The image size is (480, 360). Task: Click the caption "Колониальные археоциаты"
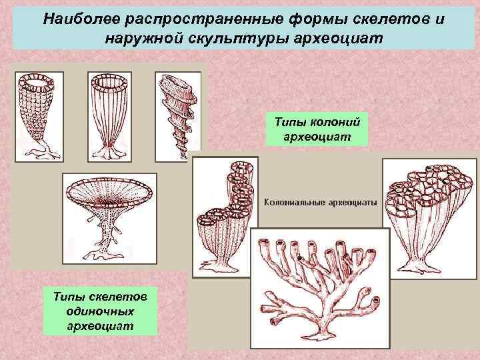(321, 201)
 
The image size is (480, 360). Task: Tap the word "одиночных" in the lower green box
(100, 310)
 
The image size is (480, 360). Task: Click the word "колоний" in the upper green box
(336, 121)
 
